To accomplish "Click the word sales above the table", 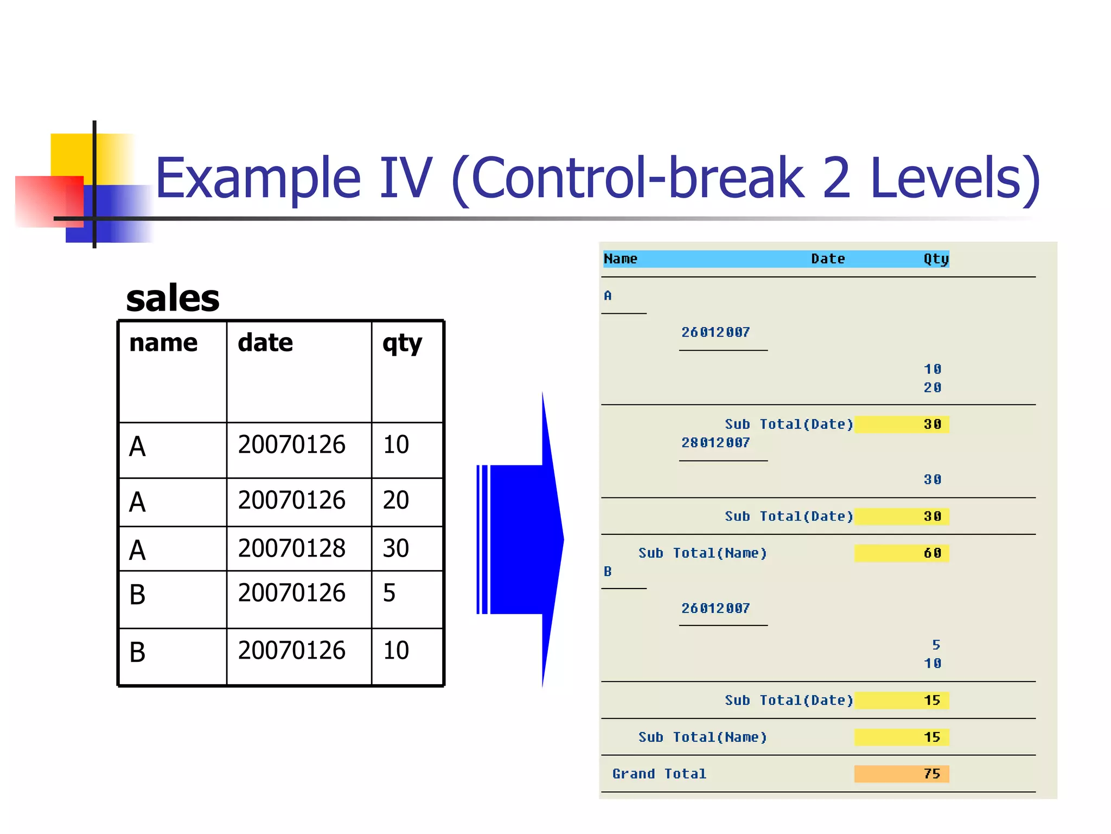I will [x=173, y=298].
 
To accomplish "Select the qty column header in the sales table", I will [x=401, y=343].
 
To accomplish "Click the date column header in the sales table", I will [x=265, y=343].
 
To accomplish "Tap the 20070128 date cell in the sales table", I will [x=291, y=548].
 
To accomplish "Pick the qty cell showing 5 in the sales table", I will [x=389, y=592].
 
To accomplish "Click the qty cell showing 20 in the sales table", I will [x=395, y=500].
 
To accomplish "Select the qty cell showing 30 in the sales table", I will [x=395, y=548].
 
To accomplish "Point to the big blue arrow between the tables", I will [x=521, y=539].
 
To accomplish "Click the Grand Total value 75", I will [x=931, y=773].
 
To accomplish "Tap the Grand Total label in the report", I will [x=659, y=773].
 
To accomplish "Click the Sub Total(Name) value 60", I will [x=932, y=553].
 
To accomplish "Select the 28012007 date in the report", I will [x=715, y=443].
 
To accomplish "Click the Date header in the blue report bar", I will [x=827, y=258].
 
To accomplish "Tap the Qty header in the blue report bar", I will [x=936, y=258].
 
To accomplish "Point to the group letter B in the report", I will [x=608, y=571].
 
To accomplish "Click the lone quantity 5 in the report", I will [x=936, y=645].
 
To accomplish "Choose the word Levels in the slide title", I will [x=954, y=178].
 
